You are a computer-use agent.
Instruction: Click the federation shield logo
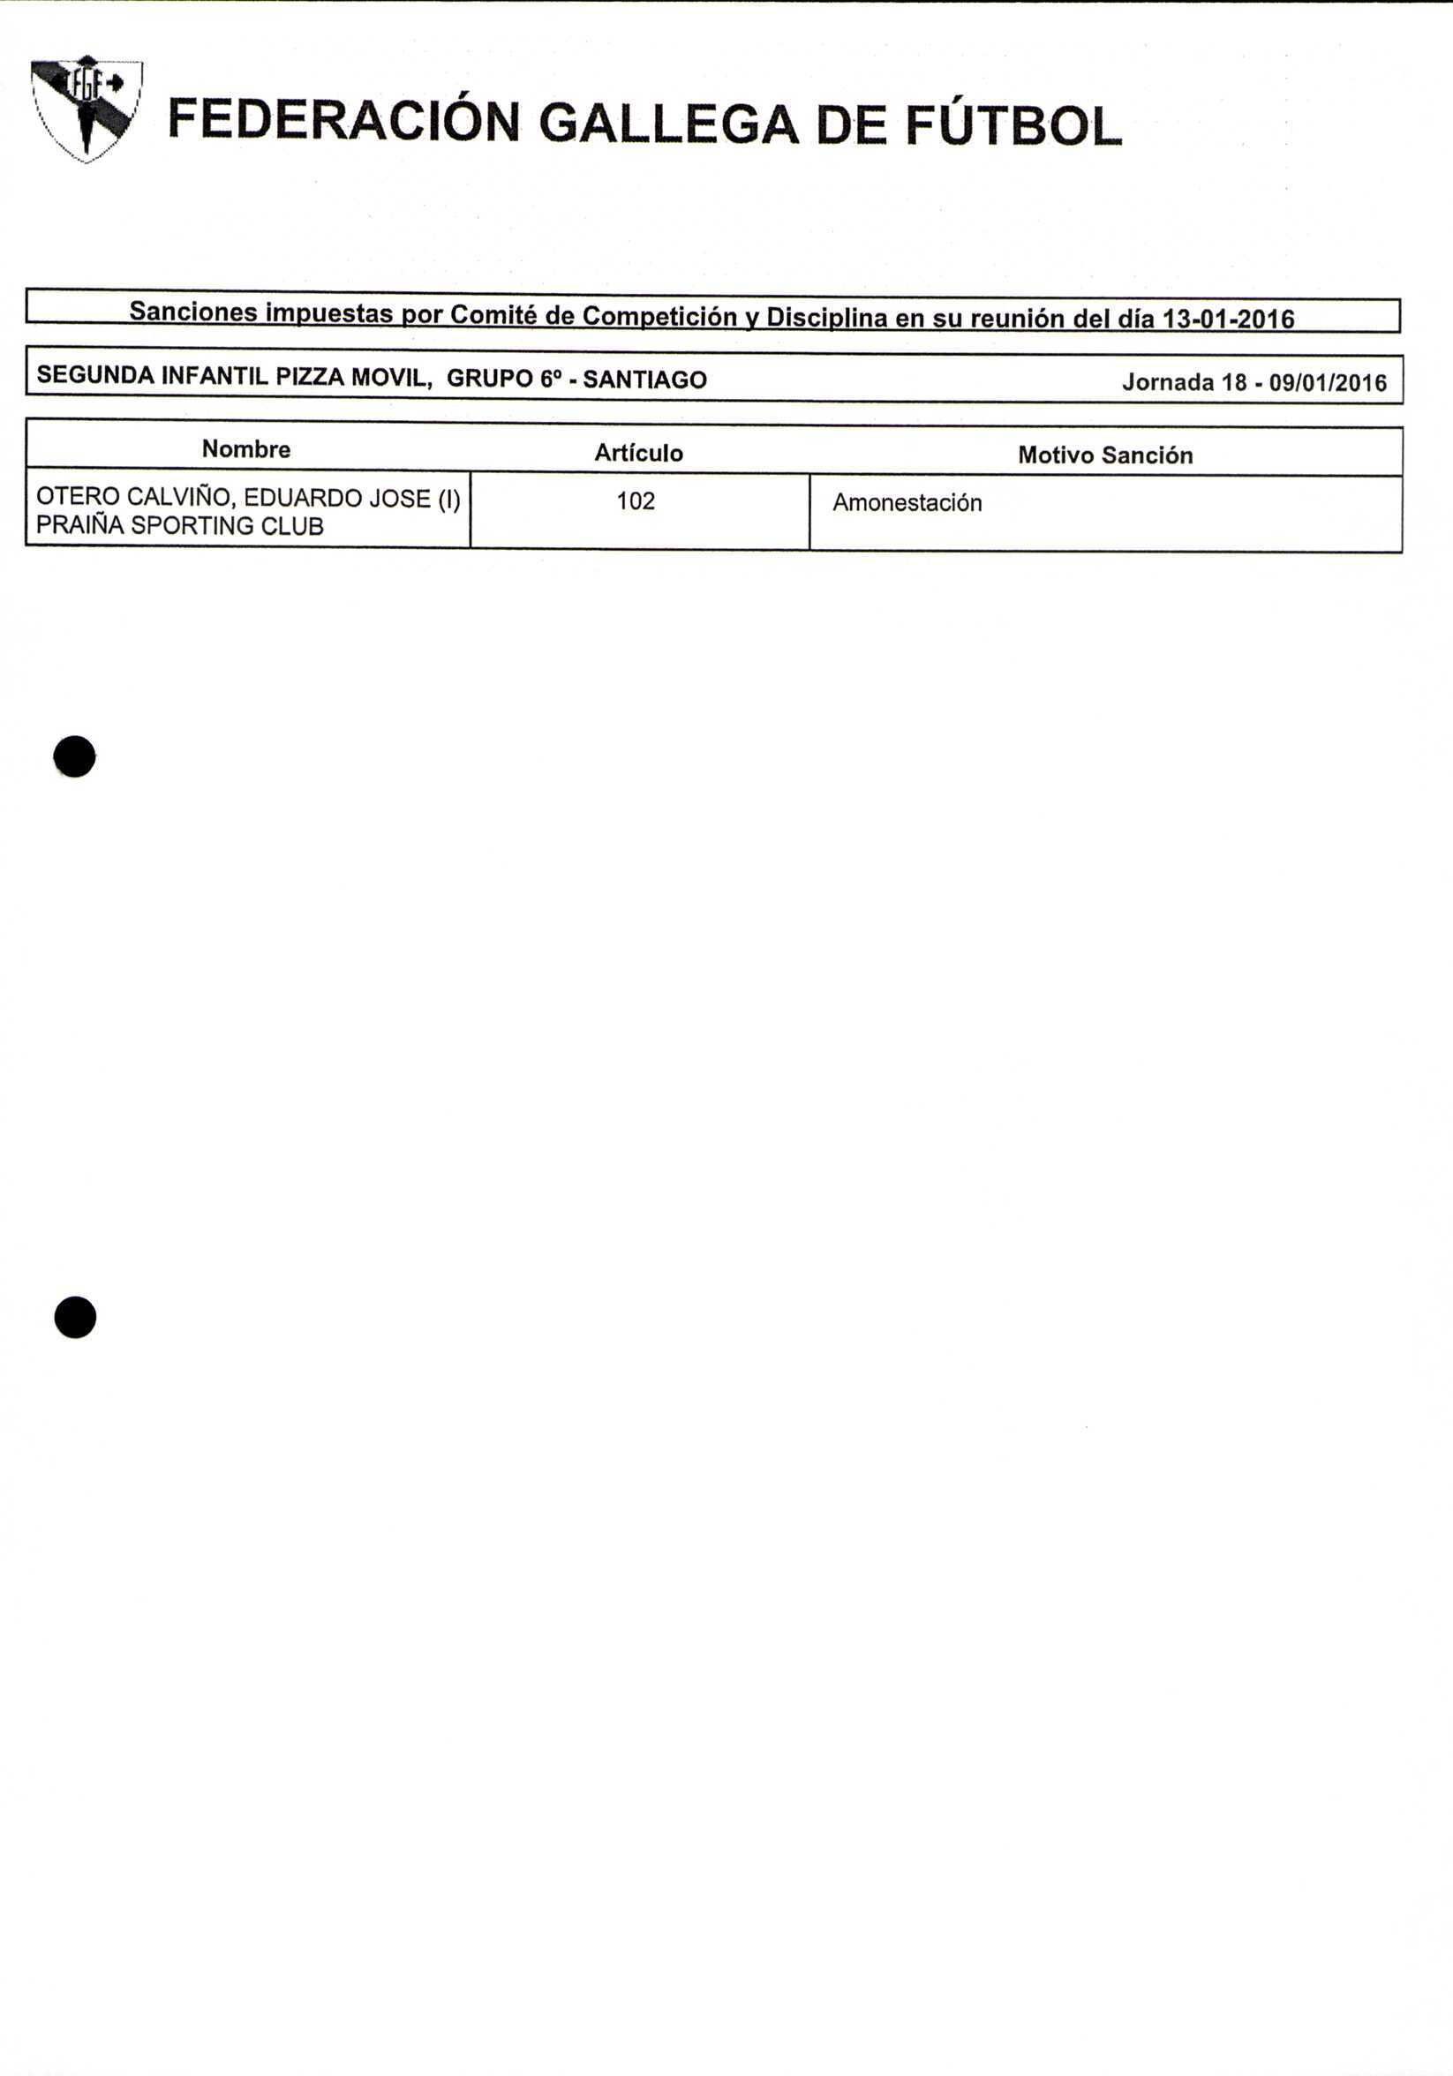point(86,109)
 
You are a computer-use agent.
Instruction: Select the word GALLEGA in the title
point(669,124)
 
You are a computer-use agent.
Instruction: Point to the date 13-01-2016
point(1228,320)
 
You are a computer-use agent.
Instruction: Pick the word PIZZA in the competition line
point(310,377)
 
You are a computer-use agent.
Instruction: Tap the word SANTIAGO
point(644,380)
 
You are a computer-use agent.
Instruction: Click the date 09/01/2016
point(1328,382)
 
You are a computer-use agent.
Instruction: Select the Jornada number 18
point(1234,382)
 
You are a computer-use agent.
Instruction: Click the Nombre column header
point(246,449)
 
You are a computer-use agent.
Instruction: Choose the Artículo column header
point(638,453)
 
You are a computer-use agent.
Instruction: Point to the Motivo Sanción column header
point(1105,455)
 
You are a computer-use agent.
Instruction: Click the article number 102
point(636,501)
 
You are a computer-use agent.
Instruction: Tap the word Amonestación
point(907,503)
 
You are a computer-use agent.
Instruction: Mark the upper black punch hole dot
point(74,756)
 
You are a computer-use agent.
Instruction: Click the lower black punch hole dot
point(75,1318)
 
